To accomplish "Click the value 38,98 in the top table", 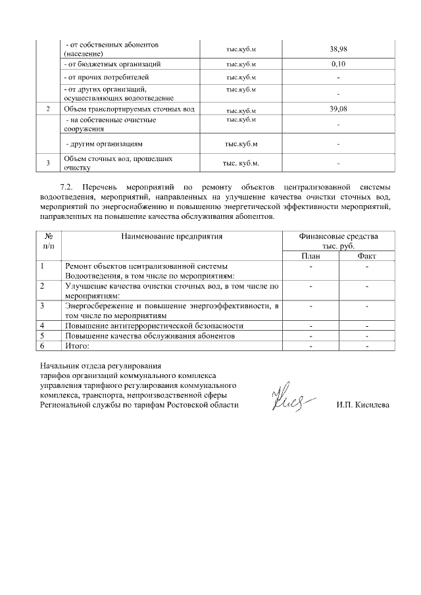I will click(x=337, y=49).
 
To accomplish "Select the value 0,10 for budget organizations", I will click(x=337, y=64).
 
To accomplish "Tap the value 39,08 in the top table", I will click(x=337, y=109).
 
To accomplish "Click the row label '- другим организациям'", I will click(x=104, y=143).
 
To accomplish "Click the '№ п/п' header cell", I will click(x=49, y=240).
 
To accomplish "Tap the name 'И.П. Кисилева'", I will click(x=362, y=405).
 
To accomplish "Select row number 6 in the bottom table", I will click(x=43, y=345).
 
